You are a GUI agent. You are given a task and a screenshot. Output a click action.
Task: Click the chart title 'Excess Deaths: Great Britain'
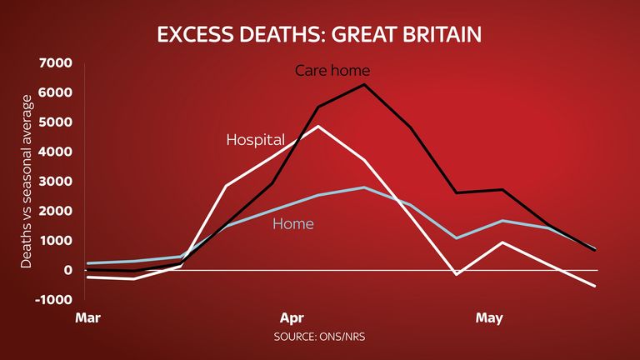point(319,34)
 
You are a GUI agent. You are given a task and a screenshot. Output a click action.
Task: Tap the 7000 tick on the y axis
point(55,62)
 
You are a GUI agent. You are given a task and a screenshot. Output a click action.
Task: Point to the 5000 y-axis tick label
point(55,122)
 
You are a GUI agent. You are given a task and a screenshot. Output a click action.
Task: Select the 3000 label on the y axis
point(55,181)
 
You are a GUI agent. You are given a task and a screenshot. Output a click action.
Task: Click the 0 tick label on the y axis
point(67,270)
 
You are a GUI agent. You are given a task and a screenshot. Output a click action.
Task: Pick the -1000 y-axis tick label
point(53,300)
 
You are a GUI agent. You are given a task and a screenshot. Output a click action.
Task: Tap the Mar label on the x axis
point(87,318)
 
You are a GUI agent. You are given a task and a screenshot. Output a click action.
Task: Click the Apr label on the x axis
point(292,318)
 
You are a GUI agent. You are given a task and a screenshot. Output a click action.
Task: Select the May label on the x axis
point(489,318)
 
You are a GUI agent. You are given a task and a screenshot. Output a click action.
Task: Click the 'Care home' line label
point(332,71)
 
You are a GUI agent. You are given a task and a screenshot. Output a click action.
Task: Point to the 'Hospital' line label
point(256,140)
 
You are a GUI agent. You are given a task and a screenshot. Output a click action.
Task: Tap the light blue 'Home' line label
point(293,223)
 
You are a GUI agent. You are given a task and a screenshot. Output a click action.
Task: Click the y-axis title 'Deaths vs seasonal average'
point(26,182)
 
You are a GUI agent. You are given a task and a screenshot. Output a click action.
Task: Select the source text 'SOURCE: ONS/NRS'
point(319,337)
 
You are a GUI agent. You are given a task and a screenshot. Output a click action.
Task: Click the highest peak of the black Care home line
point(364,84)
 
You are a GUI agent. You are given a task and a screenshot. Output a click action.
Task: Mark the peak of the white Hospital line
point(318,126)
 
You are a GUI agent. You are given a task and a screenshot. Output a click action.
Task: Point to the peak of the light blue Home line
point(364,187)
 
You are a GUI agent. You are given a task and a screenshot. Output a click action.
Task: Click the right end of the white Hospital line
point(595,286)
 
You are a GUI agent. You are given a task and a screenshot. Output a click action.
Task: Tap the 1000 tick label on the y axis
point(55,240)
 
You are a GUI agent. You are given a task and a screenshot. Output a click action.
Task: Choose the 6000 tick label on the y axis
point(55,92)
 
